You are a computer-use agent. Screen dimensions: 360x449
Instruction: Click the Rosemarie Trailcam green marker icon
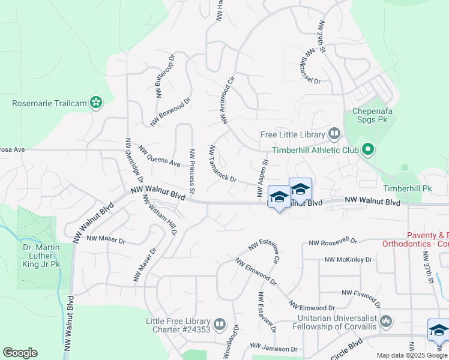[95, 103]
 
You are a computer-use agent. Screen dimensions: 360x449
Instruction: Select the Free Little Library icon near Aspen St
[334, 134]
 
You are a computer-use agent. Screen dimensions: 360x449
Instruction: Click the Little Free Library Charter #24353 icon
[220, 325]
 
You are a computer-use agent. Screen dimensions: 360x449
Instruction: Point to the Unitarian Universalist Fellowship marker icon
[385, 321]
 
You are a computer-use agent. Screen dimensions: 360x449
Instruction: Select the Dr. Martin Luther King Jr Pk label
[37, 254]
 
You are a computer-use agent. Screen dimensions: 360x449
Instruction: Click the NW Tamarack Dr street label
[223, 164]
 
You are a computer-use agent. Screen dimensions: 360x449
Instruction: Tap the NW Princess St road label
[192, 172]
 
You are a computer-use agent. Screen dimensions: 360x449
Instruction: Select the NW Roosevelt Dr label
[333, 243]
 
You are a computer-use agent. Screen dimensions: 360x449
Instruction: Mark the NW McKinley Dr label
[348, 260]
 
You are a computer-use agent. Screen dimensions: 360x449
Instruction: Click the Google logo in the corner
[20, 353]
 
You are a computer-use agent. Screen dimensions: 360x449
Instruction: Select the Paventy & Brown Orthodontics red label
[415, 239]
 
